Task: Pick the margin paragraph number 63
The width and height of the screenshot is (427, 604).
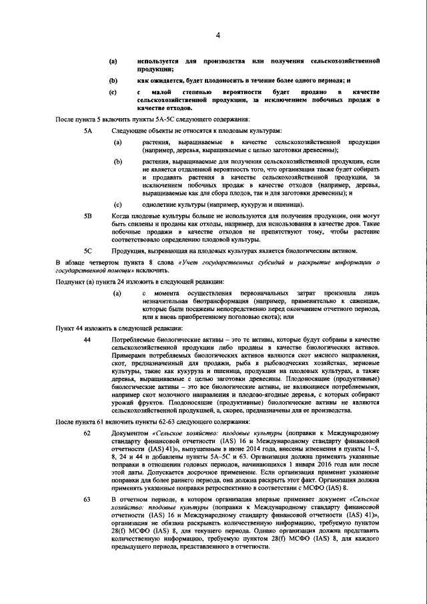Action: pos(87,518)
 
